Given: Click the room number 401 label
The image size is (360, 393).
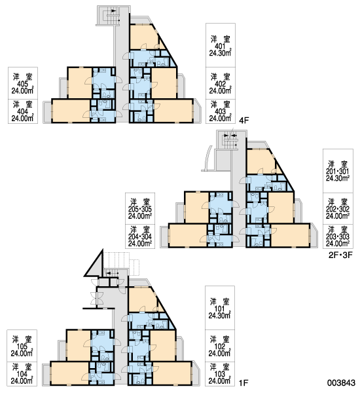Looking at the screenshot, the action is tap(220, 47).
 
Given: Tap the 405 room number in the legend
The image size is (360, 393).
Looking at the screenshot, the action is tap(22, 84).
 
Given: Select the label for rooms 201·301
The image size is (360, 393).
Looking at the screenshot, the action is tap(338, 172).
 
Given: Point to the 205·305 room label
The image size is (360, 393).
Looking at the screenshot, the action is tap(140, 209).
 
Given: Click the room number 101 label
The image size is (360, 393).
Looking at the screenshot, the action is tap(220, 309).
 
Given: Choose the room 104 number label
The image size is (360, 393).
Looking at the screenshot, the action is tap(22, 374).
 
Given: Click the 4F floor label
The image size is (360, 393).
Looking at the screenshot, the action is tap(243, 121).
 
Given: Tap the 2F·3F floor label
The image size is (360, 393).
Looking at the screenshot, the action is tap(340, 255).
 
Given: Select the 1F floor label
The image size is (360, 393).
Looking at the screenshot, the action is tap(243, 383).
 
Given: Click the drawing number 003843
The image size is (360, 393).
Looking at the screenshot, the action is tap(341, 383).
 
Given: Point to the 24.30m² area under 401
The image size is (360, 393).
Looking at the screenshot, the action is tap(220, 53).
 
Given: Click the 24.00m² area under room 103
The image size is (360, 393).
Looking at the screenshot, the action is tap(220, 381).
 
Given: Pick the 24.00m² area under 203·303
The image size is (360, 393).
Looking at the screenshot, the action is tap(338, 244).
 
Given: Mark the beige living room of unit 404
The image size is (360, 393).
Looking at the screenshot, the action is tap(71, 111).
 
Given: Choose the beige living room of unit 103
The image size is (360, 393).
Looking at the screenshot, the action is tap(172, 373).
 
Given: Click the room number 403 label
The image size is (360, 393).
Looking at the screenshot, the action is tap(220, 111).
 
